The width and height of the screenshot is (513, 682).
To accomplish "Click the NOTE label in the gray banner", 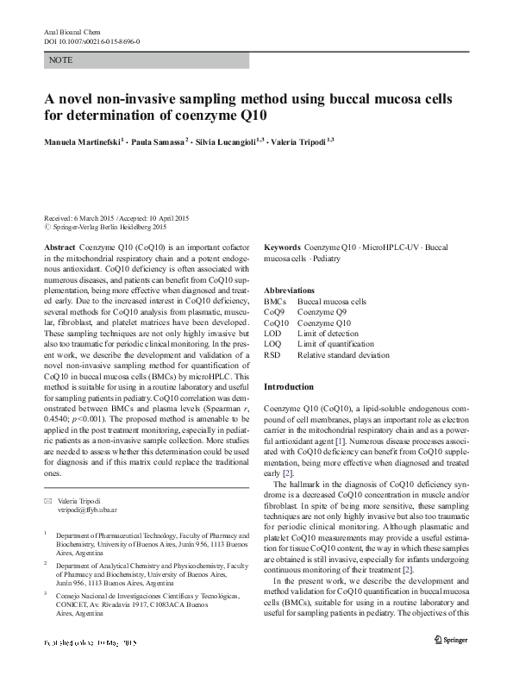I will click(61, 60).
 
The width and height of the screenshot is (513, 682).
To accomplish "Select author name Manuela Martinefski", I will click(82, 140).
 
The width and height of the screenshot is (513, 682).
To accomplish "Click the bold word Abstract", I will click(60, 247).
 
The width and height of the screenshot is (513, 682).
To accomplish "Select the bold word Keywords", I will click(282, 247).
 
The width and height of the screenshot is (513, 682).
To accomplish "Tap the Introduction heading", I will click(290, 387).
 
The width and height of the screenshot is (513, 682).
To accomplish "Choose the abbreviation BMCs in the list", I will click(275, 302).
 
